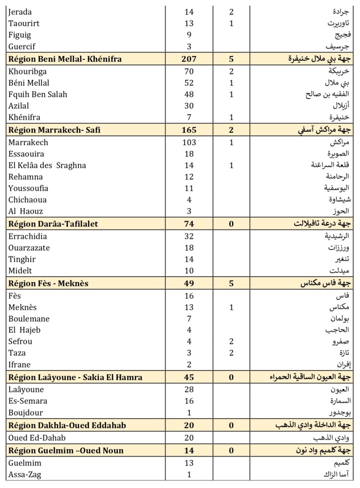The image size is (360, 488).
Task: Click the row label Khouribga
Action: point(28,71)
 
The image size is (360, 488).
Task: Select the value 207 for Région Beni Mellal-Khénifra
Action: point(189,59)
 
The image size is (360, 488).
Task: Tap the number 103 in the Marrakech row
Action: point(189,143)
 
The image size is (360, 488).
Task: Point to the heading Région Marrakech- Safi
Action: point(54,131)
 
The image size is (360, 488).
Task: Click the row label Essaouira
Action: point(26,154)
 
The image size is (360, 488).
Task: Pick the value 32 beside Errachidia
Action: point(189,237)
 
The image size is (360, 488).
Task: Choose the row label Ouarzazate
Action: point(29,248)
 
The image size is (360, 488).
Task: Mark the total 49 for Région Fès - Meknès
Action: point(189,283)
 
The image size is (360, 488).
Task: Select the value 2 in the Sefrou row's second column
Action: point(231,342)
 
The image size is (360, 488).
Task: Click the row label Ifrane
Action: point(20,365)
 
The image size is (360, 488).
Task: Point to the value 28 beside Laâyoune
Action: point(189,390)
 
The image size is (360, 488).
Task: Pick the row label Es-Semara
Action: point(26,401)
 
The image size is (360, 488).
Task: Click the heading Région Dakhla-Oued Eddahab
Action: point(67,425)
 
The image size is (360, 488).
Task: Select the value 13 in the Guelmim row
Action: point(189,463)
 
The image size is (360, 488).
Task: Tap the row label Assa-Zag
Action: point(25,475)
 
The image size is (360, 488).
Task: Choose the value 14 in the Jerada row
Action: point(189,12)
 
